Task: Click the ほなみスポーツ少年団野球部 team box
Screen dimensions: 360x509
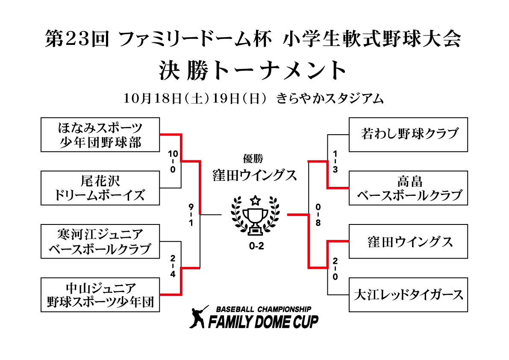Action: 100,135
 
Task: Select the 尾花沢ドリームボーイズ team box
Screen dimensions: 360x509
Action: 100,188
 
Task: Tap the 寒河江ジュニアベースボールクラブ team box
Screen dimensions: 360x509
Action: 100,242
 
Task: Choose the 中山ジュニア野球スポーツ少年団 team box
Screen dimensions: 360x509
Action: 100,295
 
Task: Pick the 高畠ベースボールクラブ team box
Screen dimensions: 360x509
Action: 408,188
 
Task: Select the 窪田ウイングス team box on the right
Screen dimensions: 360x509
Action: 408,242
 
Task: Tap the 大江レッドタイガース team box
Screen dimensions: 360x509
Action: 408,295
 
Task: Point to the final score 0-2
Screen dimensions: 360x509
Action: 255,246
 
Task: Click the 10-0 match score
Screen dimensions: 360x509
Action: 173,161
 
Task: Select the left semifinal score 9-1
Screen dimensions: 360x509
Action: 191,215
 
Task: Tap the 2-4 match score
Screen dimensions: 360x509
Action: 173,267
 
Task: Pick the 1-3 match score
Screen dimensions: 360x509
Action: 335,161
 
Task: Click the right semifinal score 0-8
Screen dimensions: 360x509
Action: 318,215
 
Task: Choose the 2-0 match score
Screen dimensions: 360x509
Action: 335,269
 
